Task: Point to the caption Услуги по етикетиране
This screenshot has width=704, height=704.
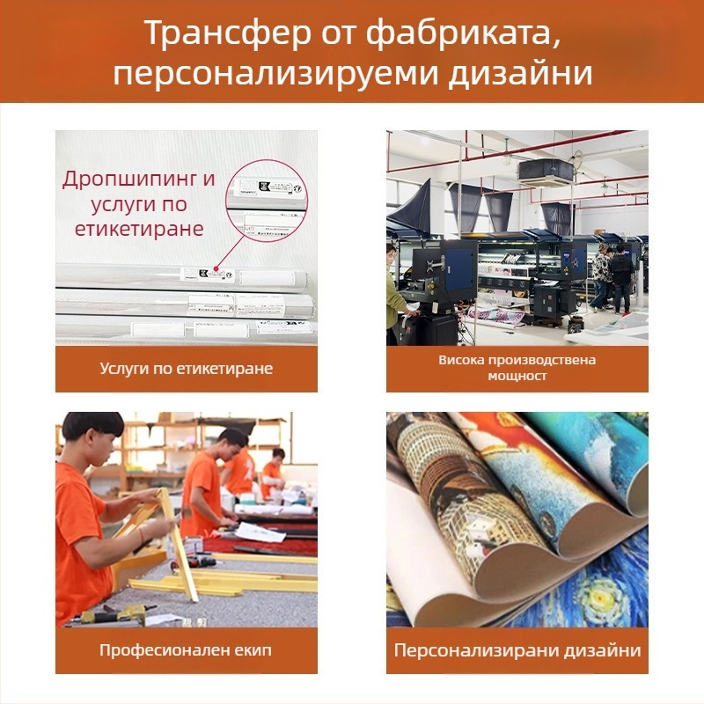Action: [186, 369]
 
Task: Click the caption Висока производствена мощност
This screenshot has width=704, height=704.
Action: [517, 368]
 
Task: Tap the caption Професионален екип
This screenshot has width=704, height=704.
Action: [186, 651]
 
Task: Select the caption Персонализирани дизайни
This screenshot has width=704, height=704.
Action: [517, 651]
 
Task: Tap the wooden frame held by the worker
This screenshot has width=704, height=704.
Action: [172, 537]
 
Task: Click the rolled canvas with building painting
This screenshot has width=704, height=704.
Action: [458, 493]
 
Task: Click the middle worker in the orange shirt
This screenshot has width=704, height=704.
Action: [207, 484]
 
